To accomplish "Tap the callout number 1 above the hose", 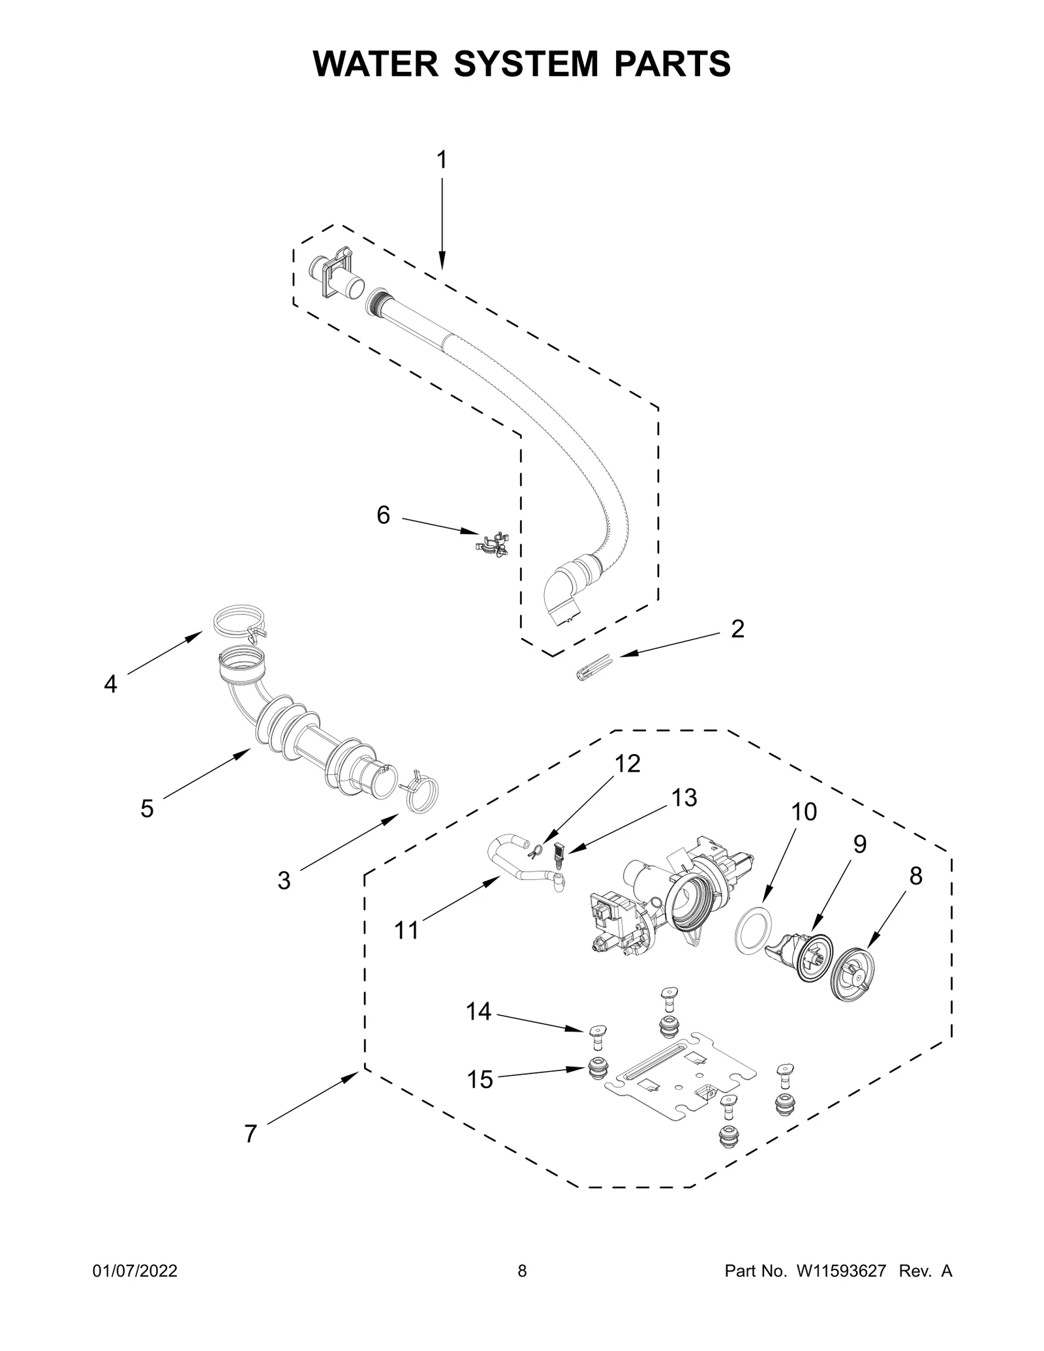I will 442,160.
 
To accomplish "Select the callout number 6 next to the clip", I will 384,515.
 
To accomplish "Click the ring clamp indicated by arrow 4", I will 239,620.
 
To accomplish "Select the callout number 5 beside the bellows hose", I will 147,809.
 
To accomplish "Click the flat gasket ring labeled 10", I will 754,928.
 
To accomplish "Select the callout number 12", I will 628,763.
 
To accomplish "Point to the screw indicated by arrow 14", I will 596,1050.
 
